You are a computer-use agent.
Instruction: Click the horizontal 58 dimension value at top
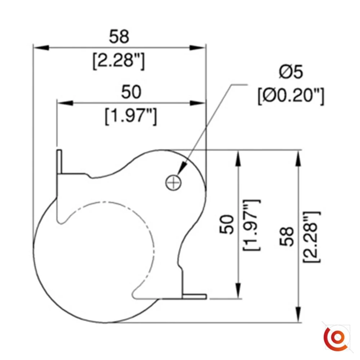119,36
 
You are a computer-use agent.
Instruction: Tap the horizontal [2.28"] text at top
119,61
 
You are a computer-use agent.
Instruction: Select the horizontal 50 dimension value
131,92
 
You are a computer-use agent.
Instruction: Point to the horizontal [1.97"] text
131,117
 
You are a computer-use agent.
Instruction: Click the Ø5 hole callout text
291,72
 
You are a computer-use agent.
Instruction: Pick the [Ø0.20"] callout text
291,96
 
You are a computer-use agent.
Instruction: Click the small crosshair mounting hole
174,183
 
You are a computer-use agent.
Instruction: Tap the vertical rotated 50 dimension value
227,224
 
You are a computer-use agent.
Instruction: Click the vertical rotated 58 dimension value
287,237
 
